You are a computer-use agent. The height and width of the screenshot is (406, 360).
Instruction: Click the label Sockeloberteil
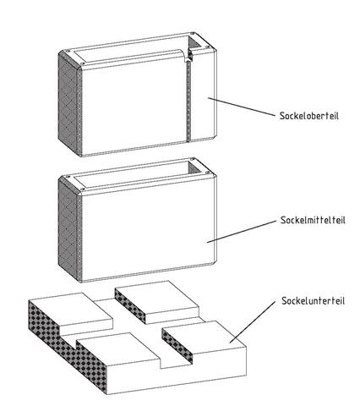(x=309, y=116)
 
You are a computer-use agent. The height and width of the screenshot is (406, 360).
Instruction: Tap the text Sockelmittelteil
(x=313, y=220)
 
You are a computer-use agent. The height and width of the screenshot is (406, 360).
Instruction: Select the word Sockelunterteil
(x=313, y=300)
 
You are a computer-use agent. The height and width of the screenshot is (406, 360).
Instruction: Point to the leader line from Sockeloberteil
(x=241, y=107)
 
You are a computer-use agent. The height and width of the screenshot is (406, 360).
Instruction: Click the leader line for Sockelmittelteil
(x=242, y=232)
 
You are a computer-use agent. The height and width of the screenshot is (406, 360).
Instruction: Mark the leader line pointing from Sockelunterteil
(x=253, y=322)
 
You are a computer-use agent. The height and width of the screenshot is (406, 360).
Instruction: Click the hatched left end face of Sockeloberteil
(x=69, y=104)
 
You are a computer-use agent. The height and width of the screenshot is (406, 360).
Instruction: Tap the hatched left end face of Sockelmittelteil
(x=69, y=230)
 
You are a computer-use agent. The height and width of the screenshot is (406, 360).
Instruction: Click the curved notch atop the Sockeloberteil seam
(x=187, y=57)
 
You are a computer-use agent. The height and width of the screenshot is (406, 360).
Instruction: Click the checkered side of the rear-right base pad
(x=130, y=306)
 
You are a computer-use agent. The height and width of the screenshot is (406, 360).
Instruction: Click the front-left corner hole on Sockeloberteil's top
(x=82, y=63)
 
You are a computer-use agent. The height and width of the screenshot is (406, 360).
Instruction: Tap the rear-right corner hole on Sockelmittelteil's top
(x=193, y=159)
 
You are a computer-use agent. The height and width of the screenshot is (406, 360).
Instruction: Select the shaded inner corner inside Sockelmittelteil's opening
(x=194, y=168)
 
